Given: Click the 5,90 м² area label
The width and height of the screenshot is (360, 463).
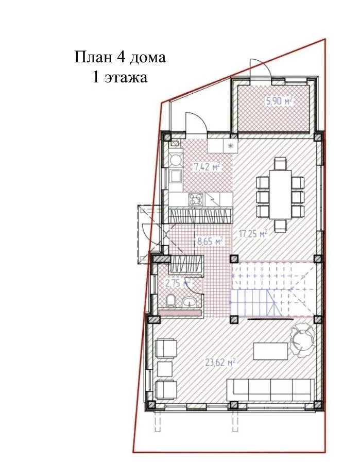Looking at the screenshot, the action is [279, 101].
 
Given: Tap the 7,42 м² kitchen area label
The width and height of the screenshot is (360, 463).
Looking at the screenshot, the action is [207, 167].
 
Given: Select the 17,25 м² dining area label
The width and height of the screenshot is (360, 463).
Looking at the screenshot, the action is [253, 234].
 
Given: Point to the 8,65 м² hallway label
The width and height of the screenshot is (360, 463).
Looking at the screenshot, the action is [210, 242].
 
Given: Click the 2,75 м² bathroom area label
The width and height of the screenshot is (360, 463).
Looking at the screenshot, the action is [178, 283].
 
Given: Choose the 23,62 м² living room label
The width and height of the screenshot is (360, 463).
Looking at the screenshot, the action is [220, 362].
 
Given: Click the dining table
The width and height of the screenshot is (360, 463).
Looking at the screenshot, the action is [280, 194].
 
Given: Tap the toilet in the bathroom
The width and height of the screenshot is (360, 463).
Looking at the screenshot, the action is [170, 300].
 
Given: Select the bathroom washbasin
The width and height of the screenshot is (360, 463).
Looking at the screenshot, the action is [190, 302].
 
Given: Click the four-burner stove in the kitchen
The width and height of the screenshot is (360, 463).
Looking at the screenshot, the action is [196, 199].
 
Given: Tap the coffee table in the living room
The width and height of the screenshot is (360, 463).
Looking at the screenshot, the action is [270, 351].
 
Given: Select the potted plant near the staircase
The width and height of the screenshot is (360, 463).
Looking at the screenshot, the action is [301, 339].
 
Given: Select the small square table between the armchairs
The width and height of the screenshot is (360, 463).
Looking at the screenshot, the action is [164, 369].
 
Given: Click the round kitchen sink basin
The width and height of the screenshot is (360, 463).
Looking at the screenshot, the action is [176, 160].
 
